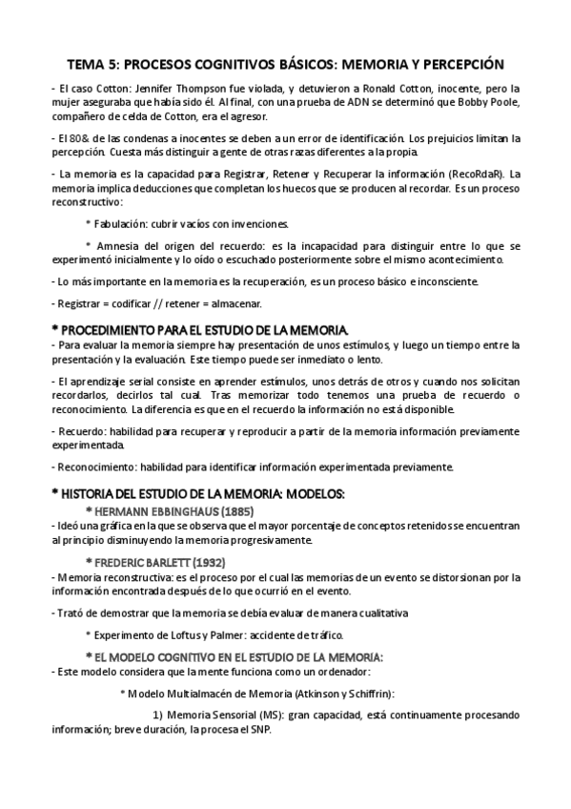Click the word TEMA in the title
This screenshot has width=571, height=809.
(88, 65)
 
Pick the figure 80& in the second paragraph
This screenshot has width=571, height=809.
(75, 138)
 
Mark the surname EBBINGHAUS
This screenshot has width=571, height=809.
(188, 510)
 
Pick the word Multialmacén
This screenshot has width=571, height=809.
(205, 694)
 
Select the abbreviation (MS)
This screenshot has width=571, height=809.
(272, 716)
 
